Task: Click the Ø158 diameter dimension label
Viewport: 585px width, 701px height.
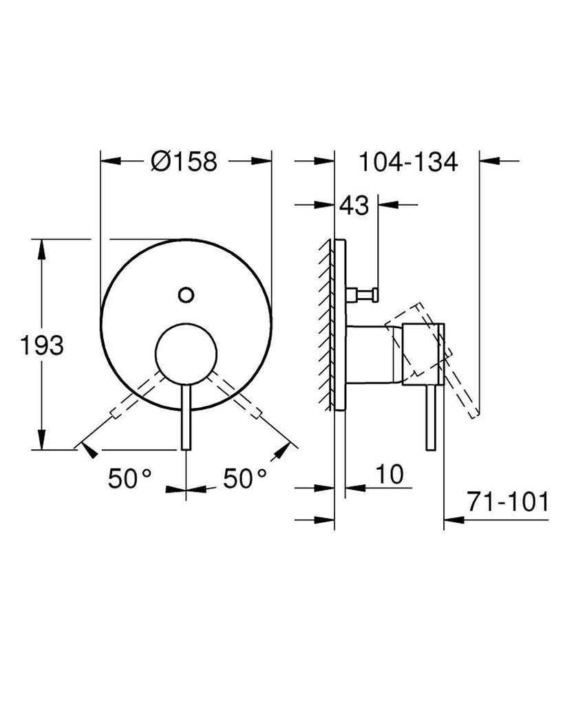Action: click(184, 162)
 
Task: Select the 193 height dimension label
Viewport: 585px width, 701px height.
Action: click(41, 345)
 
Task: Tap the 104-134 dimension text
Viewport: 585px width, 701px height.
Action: click(408, 162)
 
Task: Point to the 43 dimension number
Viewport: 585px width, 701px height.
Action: click(354, 206)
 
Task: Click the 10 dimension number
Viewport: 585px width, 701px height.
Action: click(390, 474)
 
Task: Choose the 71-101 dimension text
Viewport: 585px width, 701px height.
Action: click(507, 502)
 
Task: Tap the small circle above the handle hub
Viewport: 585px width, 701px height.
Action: click(185, 294)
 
